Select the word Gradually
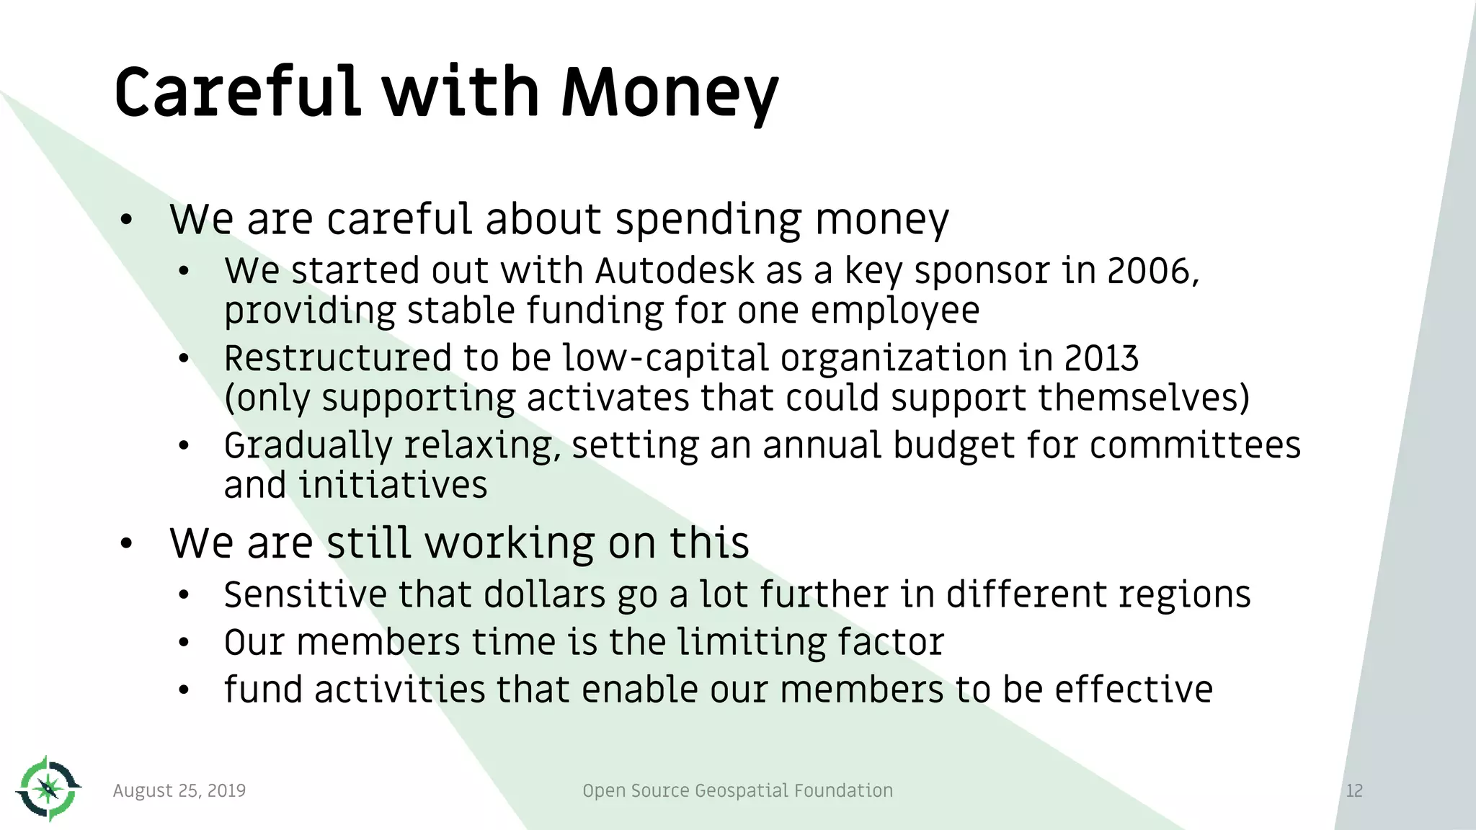307,445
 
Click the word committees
1195,445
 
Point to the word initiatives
393,485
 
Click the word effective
1134,690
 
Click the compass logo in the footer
48,789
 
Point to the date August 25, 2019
179,790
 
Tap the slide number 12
1354,790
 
